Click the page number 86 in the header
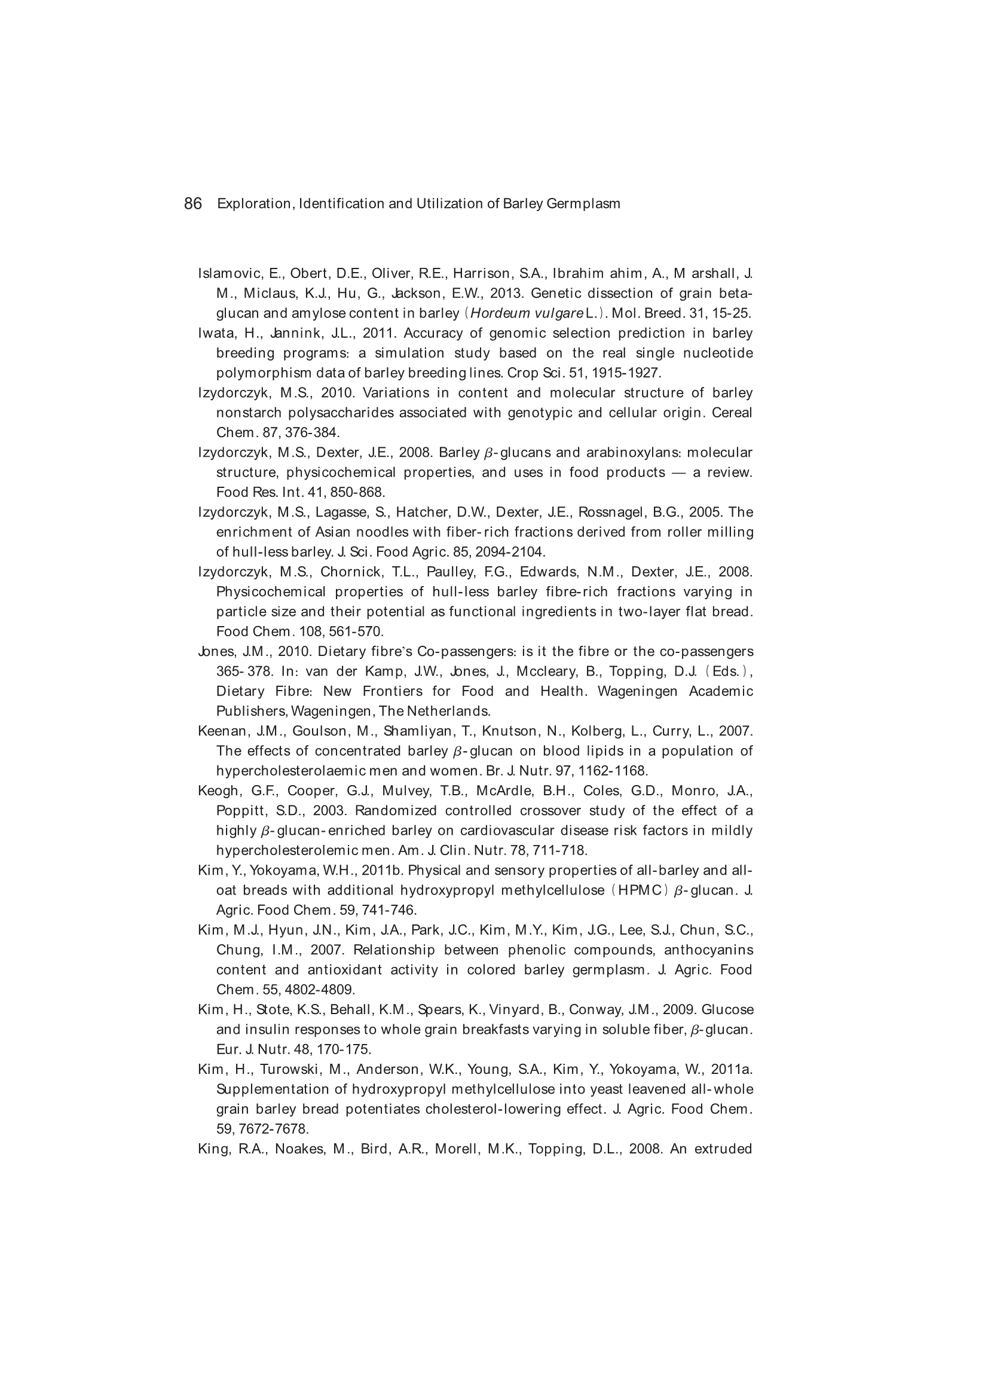192,203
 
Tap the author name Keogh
218,791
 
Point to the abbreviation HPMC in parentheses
638,890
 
